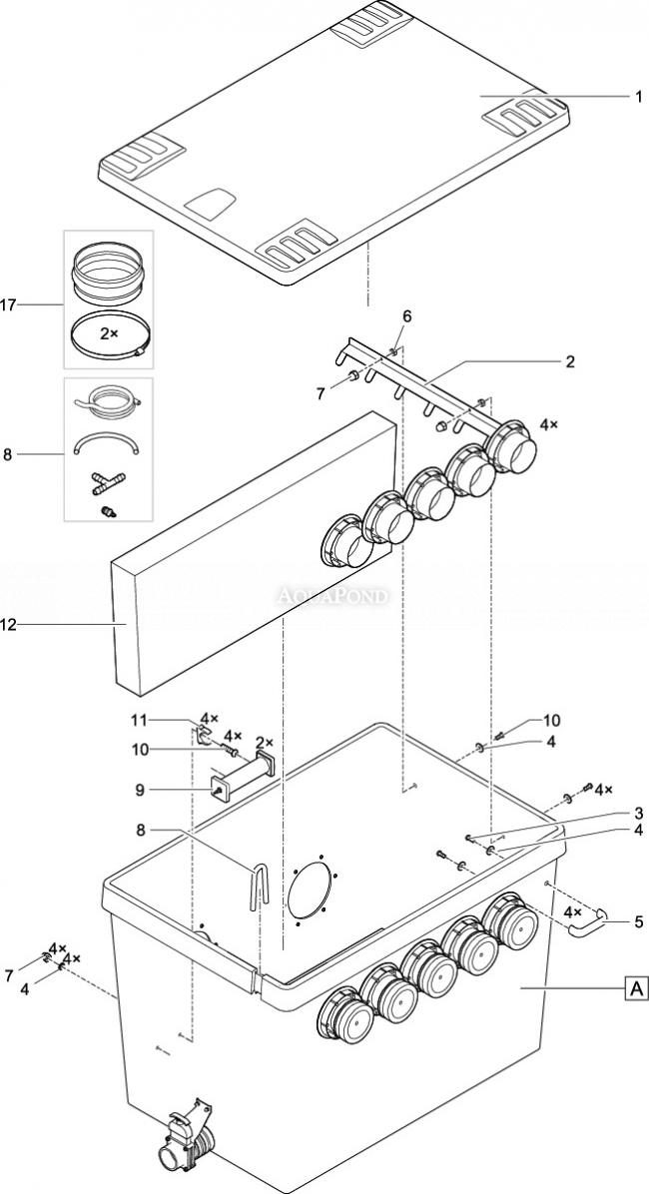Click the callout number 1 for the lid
pos(638,97)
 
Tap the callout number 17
pos(8,305)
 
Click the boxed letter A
pos(636,989)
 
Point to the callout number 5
pos(638,922)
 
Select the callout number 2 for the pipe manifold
pos(570,361)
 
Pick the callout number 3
pos(638,814)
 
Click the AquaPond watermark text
pos(331,595)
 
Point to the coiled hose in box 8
pos(109,400)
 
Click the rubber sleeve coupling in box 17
pos(108,272)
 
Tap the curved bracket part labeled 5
pos(586,922)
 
